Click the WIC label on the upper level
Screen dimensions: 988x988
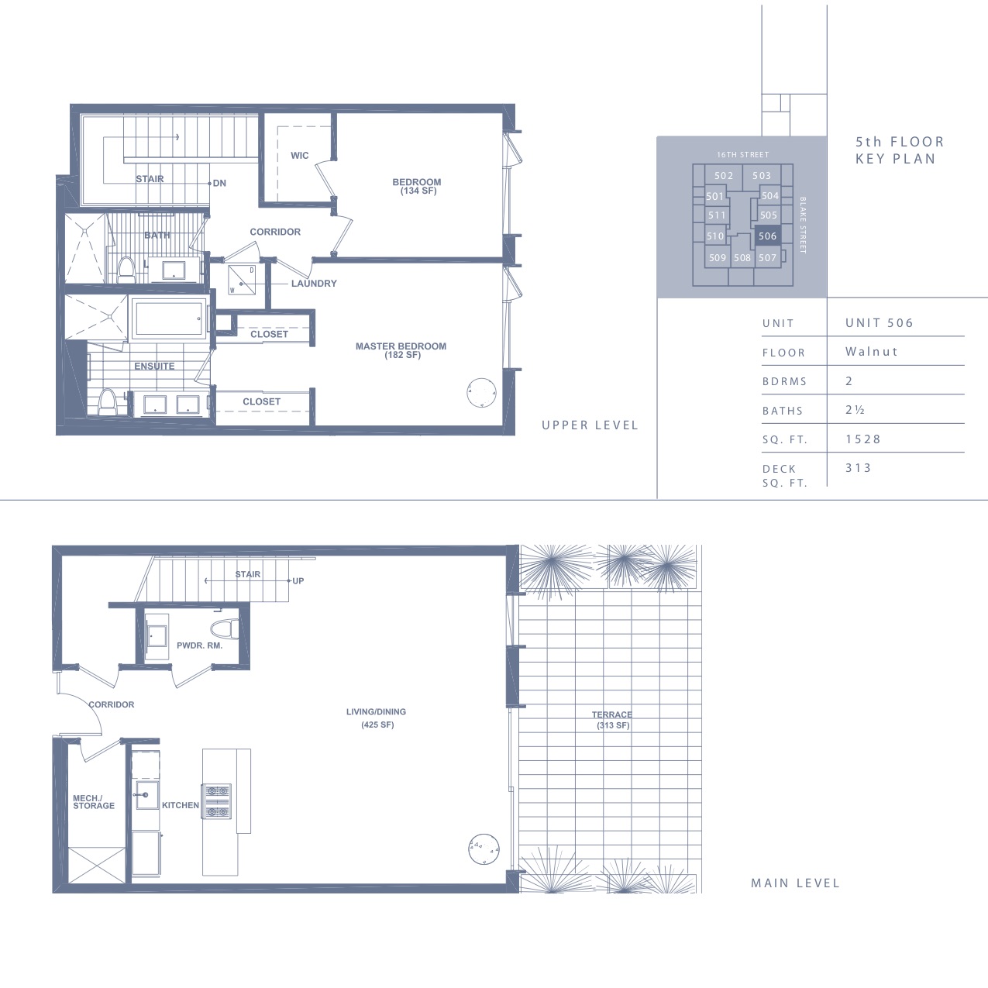299,155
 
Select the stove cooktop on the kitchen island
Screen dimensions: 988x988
217,801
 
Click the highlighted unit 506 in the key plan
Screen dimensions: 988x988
767,236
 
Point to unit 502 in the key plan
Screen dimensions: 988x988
724,176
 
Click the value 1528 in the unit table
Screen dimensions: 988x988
863,439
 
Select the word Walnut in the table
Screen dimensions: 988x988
872,351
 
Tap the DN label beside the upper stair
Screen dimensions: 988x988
219,183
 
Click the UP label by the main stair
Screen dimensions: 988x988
298,581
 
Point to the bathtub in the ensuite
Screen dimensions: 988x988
169,319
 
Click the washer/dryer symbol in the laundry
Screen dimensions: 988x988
242,280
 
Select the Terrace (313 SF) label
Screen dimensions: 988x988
612,720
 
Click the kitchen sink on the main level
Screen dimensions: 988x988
146,795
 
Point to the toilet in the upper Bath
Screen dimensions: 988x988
126,270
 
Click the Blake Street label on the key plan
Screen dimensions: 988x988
803,225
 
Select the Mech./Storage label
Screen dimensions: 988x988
93,802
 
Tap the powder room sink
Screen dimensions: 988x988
157,636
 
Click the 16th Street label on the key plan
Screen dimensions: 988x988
743,154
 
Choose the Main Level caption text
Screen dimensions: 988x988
795,883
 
